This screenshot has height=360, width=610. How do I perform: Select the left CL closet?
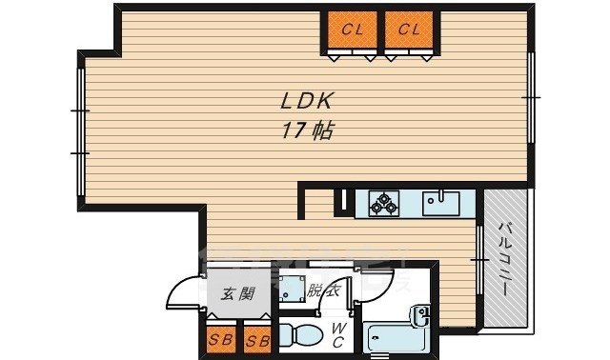pyautogui.click(x=352, y=30)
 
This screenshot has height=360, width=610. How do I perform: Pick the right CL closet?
pyautogui.click(x=410, y=30)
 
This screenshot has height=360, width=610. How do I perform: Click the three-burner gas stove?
pyautogui.click(x=384, y=203)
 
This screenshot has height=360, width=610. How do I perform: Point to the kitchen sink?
pyautogui.click(x=440, y=203)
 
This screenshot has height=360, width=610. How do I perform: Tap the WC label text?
pyautogui.click(x=338, y=335)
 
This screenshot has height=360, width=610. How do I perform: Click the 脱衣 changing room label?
pyautogui.click(x=325, y=292)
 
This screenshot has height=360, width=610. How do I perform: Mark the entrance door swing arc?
pyautogui.click(x=185, y=290)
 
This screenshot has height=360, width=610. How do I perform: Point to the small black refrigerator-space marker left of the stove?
pyautogui.click(x=340, y=200)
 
